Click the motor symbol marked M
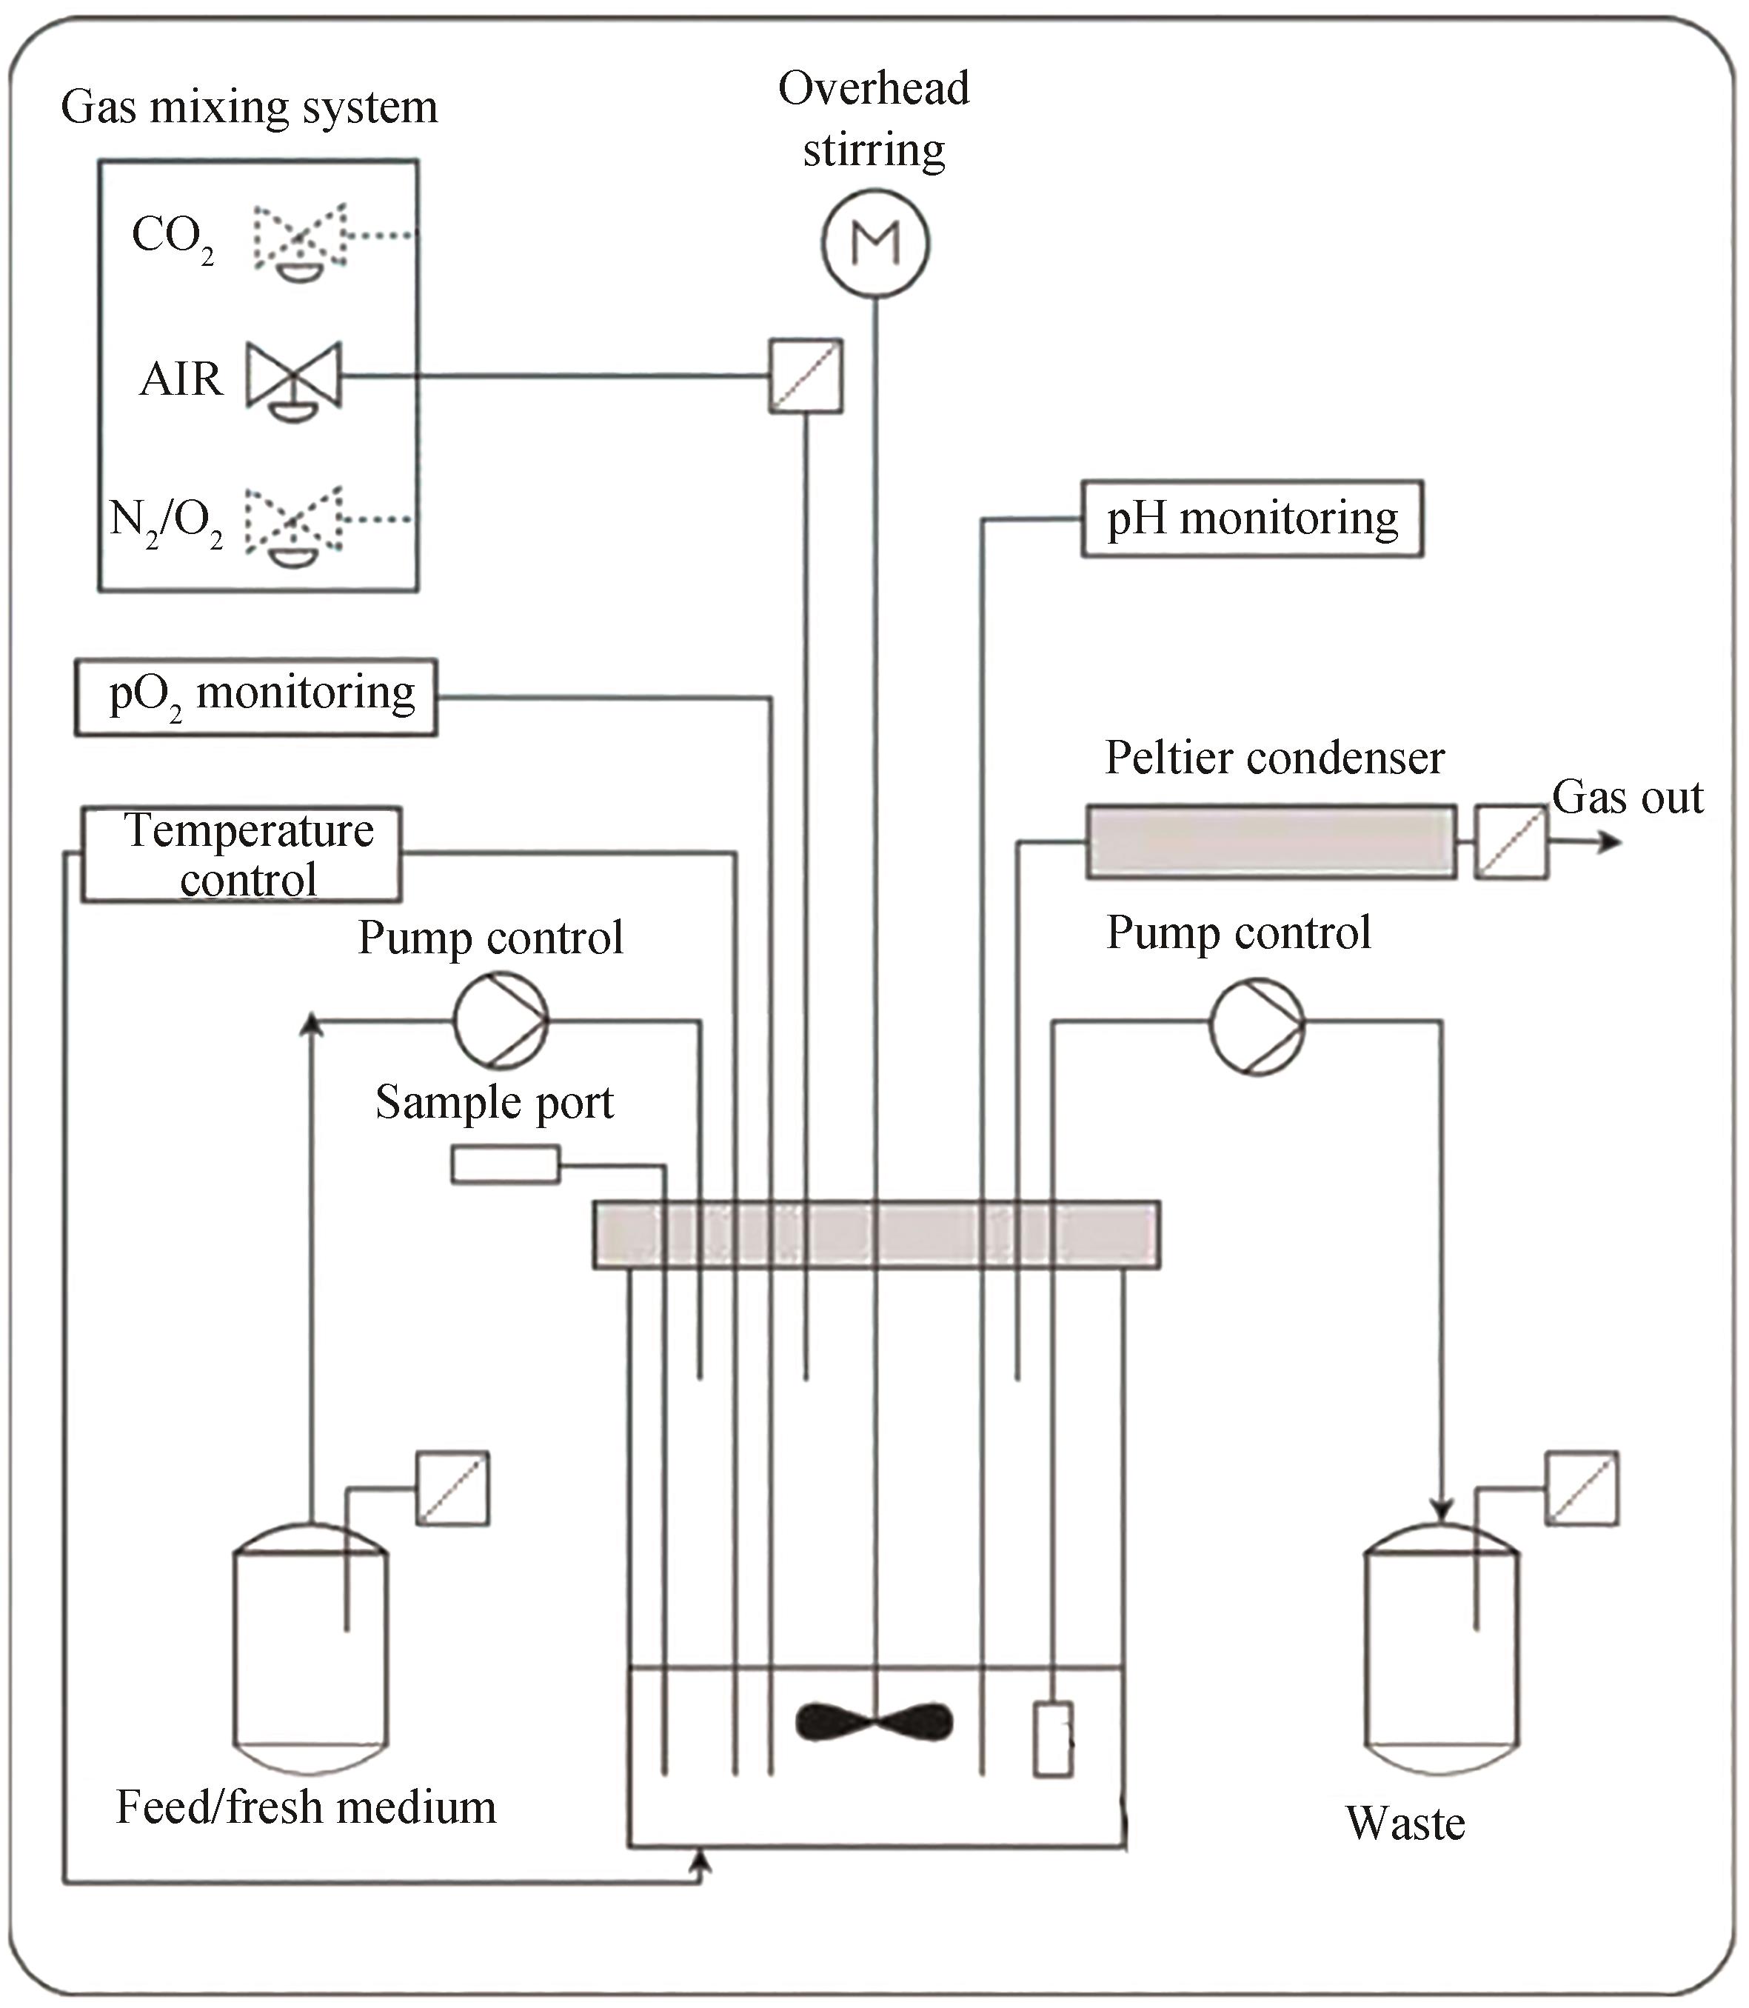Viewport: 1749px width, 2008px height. [x=874, y=243]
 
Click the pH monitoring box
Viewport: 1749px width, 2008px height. [x=1252, y=518]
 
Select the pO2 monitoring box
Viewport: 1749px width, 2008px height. [x=255, y=697]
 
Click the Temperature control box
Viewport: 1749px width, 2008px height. [x=241, y=854]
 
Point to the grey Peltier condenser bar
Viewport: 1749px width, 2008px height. [x=1271, y=841]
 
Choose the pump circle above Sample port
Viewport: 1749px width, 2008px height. [x=501, y=1020]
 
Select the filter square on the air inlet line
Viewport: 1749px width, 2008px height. [x=805, y=376]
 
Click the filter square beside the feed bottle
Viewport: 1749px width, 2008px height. [x=453, y=1489]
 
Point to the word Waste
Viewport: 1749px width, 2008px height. [x=1405, y=1824]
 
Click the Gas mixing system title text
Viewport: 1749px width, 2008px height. [x=249, y=107]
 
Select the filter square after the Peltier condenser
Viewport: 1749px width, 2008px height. [x=1511, y=842]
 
